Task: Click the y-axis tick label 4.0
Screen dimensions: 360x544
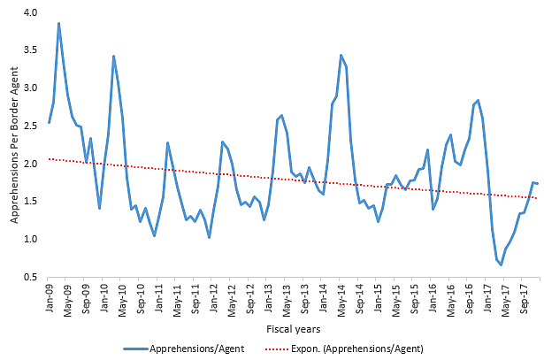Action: tap(32, 12)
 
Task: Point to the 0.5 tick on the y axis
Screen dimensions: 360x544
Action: tap(32, 277)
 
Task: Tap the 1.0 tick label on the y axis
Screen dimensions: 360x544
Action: tap(32, 239)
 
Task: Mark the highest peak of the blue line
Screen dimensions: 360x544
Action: tap(59, 23)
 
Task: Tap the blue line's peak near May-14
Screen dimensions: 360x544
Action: tap(341, 55)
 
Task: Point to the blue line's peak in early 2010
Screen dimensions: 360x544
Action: tap(114, 56)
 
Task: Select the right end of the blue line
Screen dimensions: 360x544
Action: tap(538, 183)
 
